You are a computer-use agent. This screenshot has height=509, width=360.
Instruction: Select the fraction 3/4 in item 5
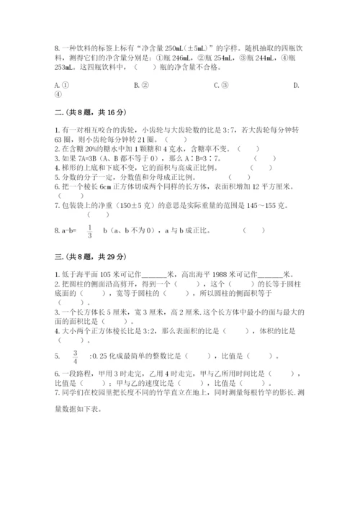(x=75, y=356)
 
